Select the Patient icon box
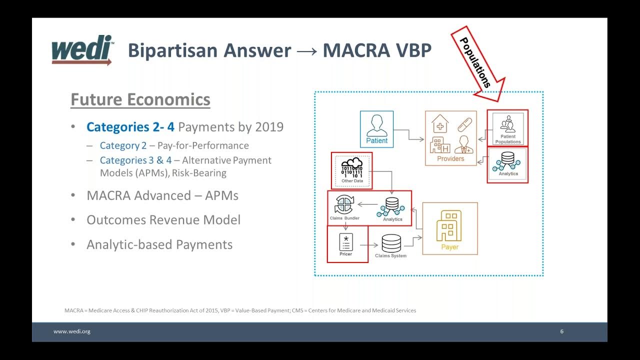point(376,129)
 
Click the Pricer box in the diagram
point(346,243)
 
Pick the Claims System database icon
point(391,243)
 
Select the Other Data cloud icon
point(351,167)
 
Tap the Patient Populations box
point(507,128)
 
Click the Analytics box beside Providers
point(507,164)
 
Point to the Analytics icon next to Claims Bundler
point(392,207)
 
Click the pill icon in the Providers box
point(464,124)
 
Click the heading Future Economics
point(140,99)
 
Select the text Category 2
point(123,145)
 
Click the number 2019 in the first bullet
point(269,127)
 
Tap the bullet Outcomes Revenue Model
point(163,220)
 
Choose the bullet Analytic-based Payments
point(159,244)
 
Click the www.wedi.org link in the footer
point(72,331)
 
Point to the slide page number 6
point(561,331)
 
